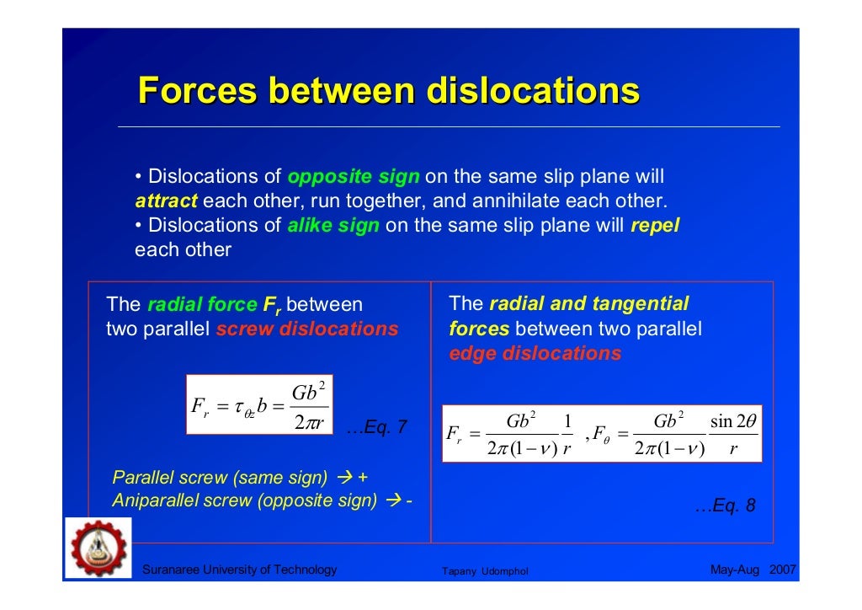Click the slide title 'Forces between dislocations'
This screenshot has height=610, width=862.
tap(388, 91)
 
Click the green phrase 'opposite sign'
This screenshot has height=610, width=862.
tap(354, 178)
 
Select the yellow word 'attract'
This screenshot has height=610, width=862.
tap(166, 202)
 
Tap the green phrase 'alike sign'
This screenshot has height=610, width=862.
tap(333, 226)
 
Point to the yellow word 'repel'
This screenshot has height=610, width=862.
tap(654, 226)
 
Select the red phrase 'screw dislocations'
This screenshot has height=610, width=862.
tap(307, 329)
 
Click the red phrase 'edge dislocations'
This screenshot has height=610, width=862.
tap(535, 353)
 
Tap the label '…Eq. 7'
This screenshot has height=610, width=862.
tap(376, 427)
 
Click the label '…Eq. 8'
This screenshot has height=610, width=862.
tap(725, 506)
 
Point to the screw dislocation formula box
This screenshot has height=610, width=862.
tap(259, 404)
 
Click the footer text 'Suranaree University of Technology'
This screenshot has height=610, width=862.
tap(240, 570)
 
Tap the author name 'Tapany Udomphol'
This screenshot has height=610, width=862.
tap(485, 572)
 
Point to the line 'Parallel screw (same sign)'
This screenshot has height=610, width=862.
tap(221, 478)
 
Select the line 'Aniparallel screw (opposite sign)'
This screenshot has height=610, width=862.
tap(245, 500)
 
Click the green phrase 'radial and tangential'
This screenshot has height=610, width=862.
tap(589, 304)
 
